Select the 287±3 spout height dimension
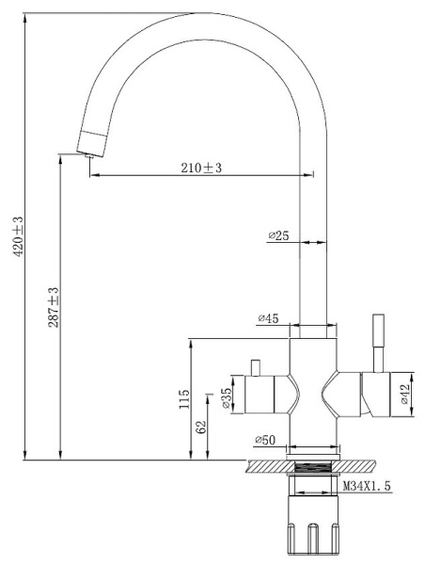coord(54,307)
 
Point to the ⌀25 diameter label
coord(278,235)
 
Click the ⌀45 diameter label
coord(269,319)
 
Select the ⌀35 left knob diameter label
coord(227,396)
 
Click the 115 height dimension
coord(184,399)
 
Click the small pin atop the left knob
coord(255,366)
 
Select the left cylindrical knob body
coord(265,395)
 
